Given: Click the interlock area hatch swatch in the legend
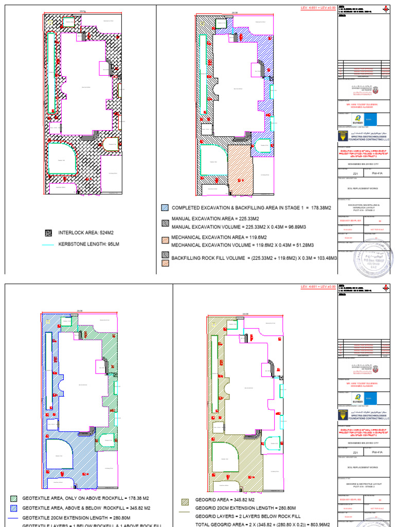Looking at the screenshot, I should click(x=49, y=233).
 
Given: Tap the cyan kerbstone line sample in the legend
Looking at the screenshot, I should click(x=49, y=244).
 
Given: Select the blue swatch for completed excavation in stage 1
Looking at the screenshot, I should click(x=165, y=208).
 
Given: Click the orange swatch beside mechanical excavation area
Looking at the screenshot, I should click(x=165, y=240).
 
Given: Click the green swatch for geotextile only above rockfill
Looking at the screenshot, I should click(x=13, y=499).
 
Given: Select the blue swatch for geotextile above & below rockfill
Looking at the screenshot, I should click(x=13, y=508).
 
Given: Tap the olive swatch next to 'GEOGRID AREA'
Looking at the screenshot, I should click(x=185, y=500).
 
